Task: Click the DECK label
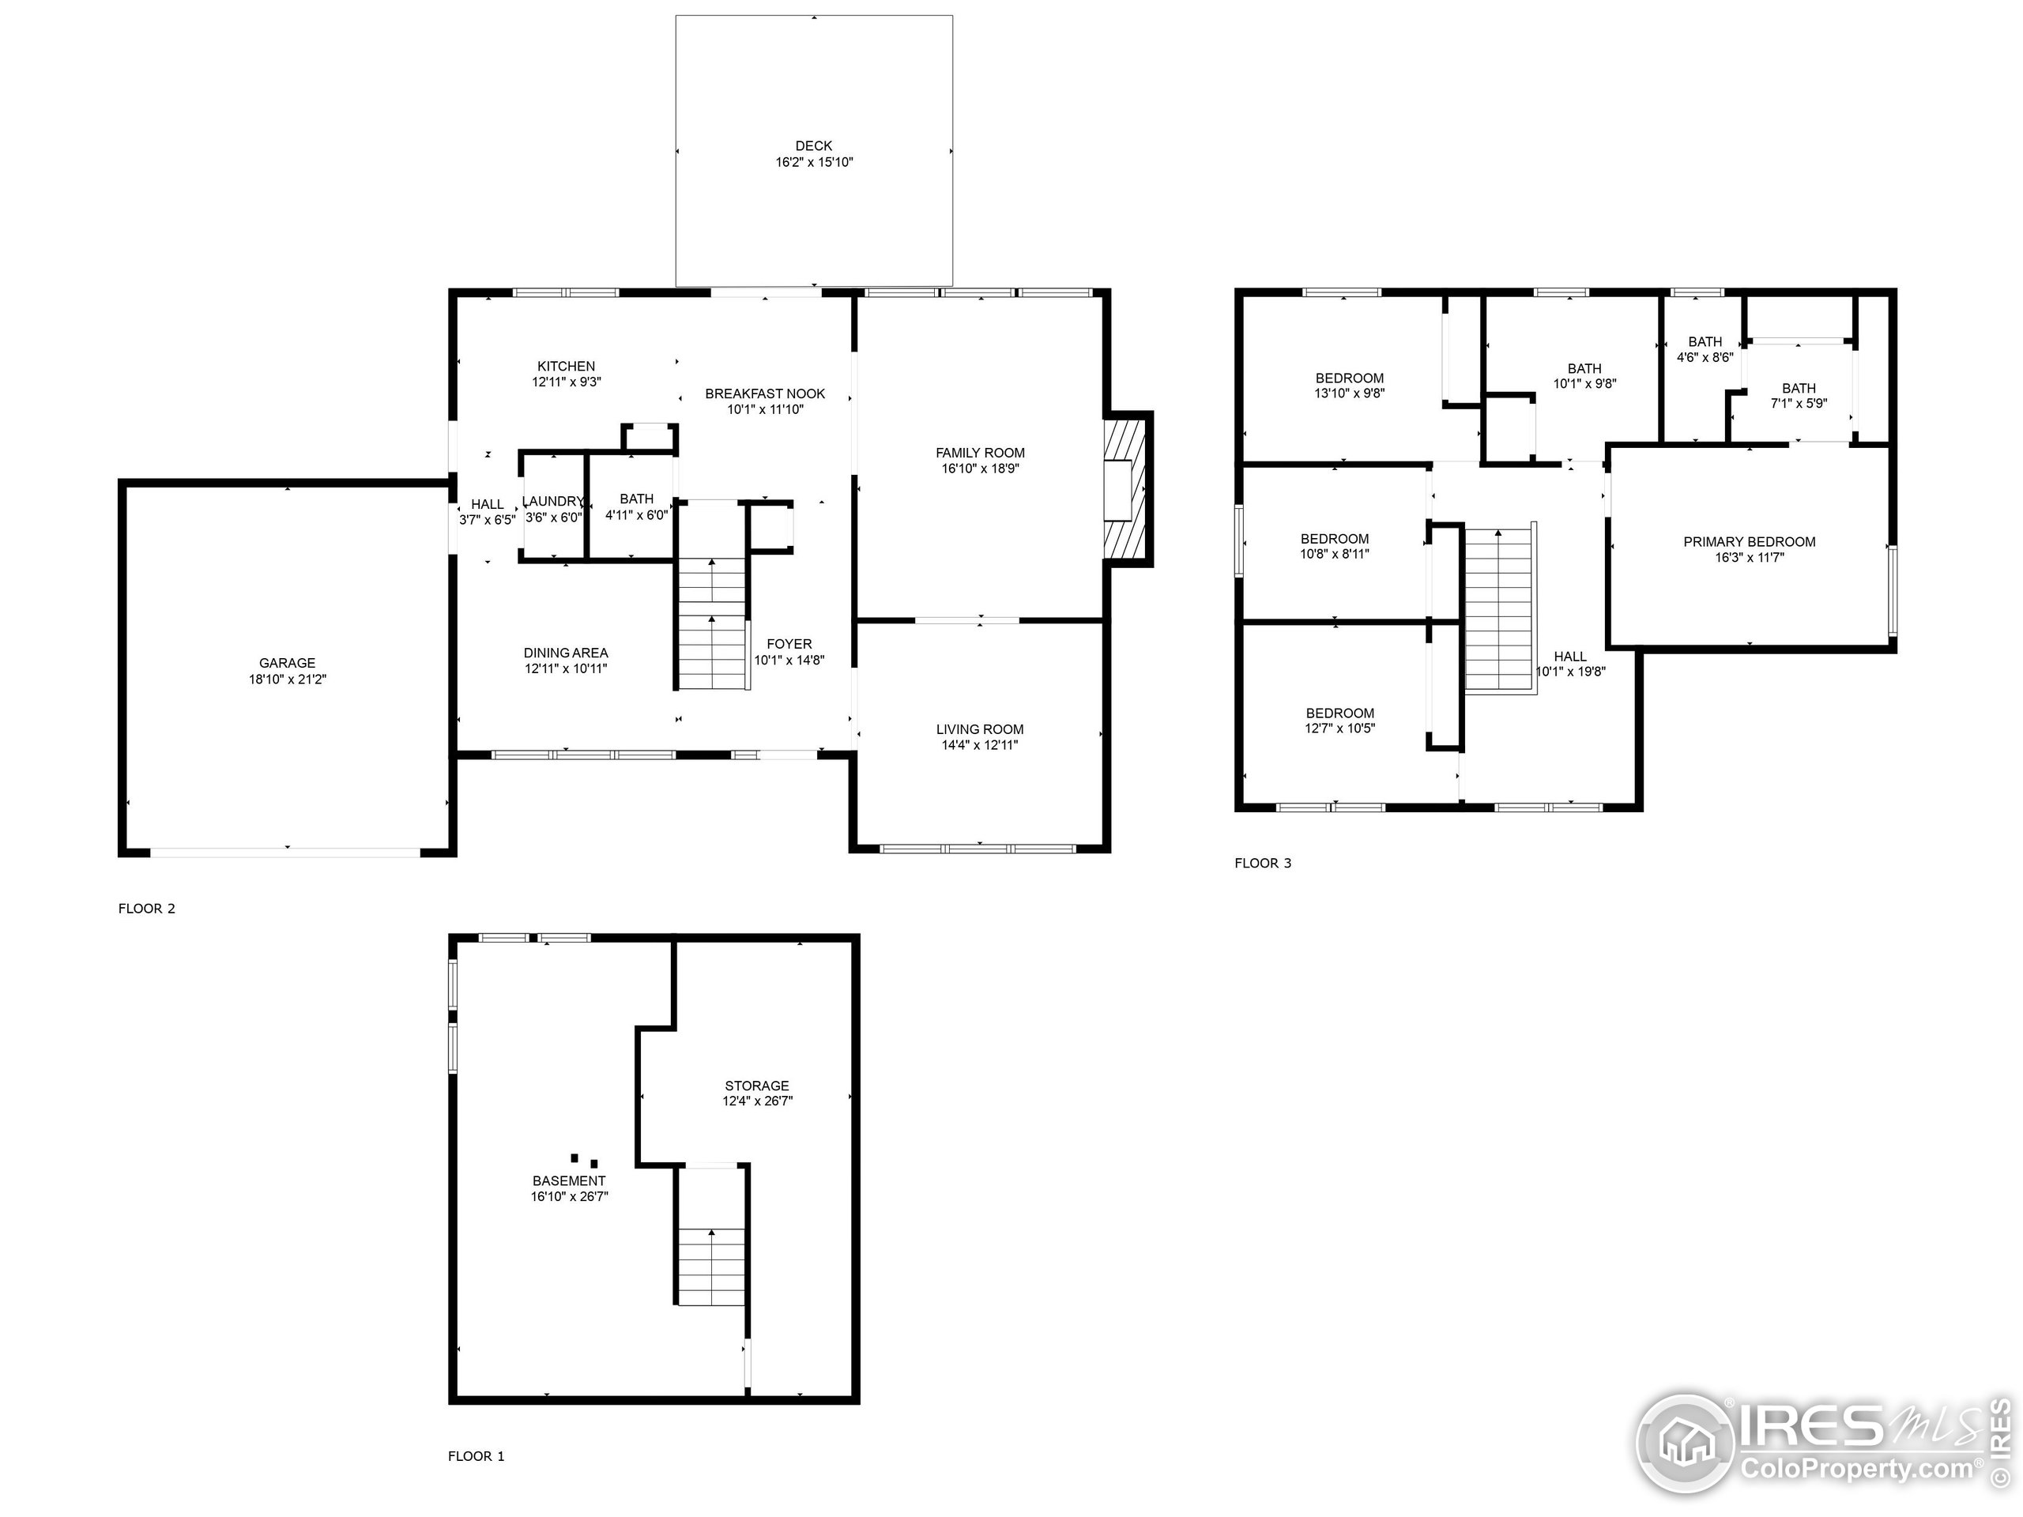813,145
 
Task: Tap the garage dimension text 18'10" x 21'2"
287,679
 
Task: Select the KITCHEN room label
566,366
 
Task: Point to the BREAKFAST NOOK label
765,393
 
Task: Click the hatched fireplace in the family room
1125,488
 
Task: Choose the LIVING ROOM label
979,728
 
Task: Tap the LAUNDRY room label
552,501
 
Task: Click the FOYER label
789,644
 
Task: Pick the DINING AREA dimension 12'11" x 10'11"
566,668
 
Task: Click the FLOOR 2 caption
146,908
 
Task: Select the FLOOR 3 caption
1263,862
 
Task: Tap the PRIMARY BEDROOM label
1749,541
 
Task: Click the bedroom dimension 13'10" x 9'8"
1349,393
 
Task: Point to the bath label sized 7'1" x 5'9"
1798,388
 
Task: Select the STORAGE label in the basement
756,1086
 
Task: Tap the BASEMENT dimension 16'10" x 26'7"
569,1196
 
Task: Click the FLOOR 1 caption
476,1455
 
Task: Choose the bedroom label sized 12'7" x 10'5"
1339,713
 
